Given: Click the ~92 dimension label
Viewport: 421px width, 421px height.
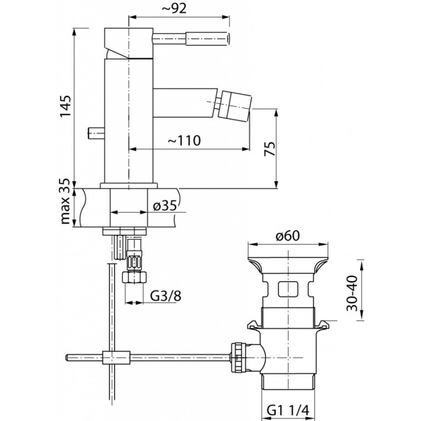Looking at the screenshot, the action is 174,9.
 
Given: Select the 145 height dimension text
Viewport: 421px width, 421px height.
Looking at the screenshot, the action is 65,106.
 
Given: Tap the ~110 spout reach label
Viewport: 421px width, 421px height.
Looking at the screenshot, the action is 184,140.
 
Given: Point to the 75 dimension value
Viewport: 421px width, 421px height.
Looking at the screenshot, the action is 270,149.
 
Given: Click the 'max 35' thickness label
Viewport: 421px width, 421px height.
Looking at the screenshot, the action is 65,201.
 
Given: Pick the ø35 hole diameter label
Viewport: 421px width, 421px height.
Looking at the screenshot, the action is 165,206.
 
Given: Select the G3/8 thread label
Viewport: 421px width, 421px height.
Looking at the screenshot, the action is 165,296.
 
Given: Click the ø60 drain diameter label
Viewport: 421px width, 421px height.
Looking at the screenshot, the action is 287,236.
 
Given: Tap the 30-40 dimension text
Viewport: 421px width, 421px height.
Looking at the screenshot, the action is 352,293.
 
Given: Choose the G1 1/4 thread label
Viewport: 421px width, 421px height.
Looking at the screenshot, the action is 288,410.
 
